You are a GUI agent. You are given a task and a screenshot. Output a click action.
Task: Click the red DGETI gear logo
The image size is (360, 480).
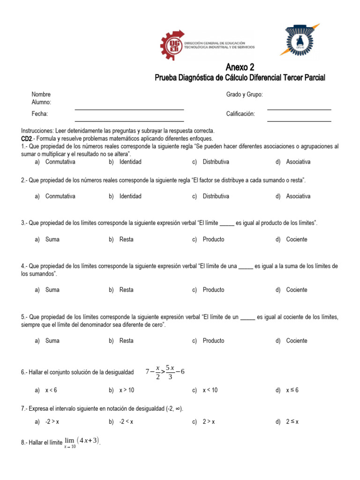tap(171, 46)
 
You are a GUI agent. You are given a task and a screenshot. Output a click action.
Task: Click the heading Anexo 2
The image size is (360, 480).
tap(240, 67)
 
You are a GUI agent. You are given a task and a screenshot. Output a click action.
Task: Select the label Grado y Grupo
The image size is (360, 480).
tap(244, 94)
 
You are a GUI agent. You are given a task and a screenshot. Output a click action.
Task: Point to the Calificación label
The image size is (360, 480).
tap(240, 114)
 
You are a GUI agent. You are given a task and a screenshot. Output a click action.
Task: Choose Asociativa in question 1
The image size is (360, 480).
tap(298, 162)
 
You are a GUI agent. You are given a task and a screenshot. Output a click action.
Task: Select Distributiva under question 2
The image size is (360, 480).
tap(216, 196)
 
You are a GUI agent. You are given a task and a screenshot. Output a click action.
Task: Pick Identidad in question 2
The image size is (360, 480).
tap(130, 196)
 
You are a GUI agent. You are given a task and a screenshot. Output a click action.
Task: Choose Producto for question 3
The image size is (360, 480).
tap(213, 240)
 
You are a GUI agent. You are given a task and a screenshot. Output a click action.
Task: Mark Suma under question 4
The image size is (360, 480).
tap(52, 290)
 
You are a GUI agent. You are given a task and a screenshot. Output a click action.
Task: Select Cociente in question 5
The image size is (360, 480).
tap(297, 341)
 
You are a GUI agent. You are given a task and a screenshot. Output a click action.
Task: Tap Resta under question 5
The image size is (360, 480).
tap(127, 341)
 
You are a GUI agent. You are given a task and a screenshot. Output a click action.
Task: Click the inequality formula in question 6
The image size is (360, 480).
tap(165, 372)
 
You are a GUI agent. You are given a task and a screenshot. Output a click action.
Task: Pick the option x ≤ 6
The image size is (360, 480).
tap(292, 390)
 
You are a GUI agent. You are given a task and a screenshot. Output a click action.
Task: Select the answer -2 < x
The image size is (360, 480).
tap(127, 422)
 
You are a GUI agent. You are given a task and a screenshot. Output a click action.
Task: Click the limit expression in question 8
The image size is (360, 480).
tap(81, 442)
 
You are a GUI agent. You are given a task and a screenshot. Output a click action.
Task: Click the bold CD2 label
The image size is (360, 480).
tap(26, 139)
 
